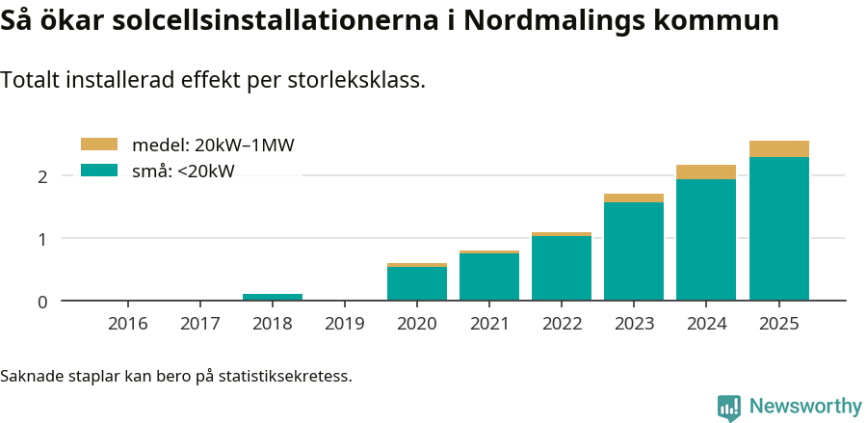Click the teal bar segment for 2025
click(778, 229)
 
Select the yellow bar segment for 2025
click(778, 148)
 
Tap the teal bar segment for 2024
click(706, 240)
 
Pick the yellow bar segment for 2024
click(706, 172)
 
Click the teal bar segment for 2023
click(634, 251)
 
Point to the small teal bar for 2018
click(273, 297)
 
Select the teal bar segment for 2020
click(417, 283)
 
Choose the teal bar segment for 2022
click(562, 268)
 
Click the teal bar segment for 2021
click(489, 277)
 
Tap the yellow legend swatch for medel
click(98, 145)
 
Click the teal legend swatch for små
click(98, 171)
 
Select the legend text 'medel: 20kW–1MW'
click(212, 145)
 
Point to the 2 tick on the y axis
click(42, 176)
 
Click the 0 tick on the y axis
click(42, 302)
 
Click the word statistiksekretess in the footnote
click(284, 375)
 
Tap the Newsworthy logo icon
click(729, 407)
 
